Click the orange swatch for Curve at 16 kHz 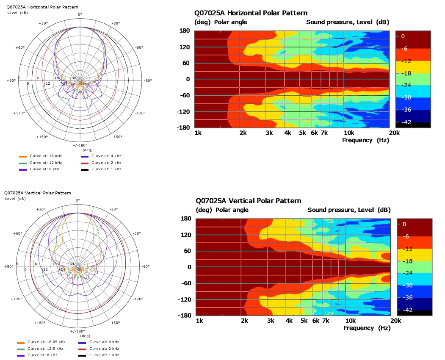pos(22,156)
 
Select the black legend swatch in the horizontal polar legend pos(84,169)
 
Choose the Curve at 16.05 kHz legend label pos(47,342)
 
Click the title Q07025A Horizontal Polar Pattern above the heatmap pos(251,13)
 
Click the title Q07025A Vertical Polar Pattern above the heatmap pos(249,201)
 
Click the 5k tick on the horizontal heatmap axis pos(302,133)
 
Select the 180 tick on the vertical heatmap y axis pos(187,219)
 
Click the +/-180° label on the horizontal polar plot pos(79,146)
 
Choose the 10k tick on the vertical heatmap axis pos(350,321)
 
